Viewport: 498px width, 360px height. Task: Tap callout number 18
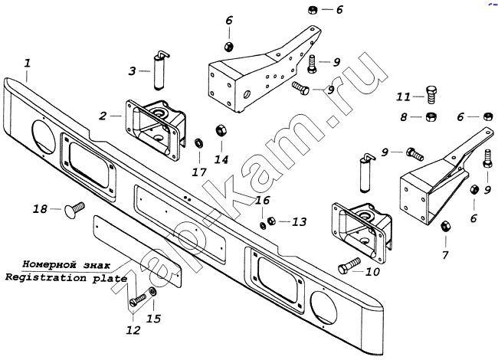[39, 209]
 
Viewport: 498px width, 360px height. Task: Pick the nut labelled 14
[218, 129]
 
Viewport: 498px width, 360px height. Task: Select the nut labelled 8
[431, 117]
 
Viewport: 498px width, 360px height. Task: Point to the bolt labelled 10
[346, 269]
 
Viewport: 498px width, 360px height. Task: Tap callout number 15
[154, 318]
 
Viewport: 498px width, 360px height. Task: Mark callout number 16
[261, 201]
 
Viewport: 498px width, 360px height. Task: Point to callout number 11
[404, 97]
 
